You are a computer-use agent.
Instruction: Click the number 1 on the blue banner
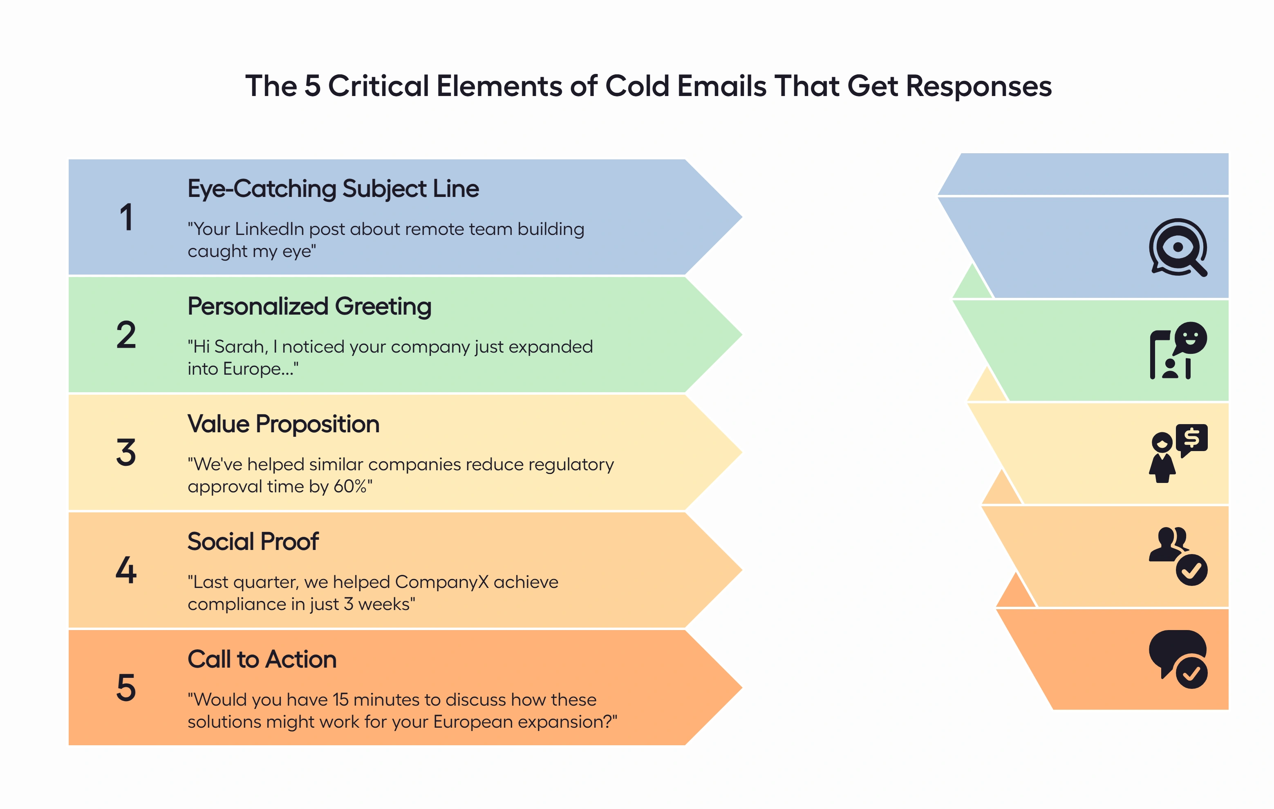pyautogui.click(x=126, y=217)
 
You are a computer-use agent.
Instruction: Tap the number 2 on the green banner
pyautogui.click(x=126, y=335)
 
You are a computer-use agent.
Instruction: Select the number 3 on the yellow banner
pyautogui.click(x=126, y=453)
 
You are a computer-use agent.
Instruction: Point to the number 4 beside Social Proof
pyautogui.click(x=126, y=570)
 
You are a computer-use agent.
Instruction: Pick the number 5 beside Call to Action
pyautogui.click(x=126, y=688)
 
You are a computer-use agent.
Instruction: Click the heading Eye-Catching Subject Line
pyautogui.click(x=333, y=189)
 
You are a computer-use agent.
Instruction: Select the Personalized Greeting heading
pyautogui.click(x=309, y=307)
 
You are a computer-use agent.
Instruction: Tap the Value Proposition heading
pyautogui.click(x=283, y=424)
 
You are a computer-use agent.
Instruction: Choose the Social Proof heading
pyautogui.click(x=253, y=542)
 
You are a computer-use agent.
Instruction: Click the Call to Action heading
pyautogui.click(x=262, y=659)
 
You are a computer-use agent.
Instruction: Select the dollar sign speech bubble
pyautogui.click(x=1191, y=439)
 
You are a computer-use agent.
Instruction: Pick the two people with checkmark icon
pyautogui.click(x=1178, y=556)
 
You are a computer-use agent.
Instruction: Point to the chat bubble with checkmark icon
pyautogui.click(x=1178, y=659)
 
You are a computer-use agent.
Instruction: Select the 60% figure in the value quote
pyautogui.click(x=350, y=487)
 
